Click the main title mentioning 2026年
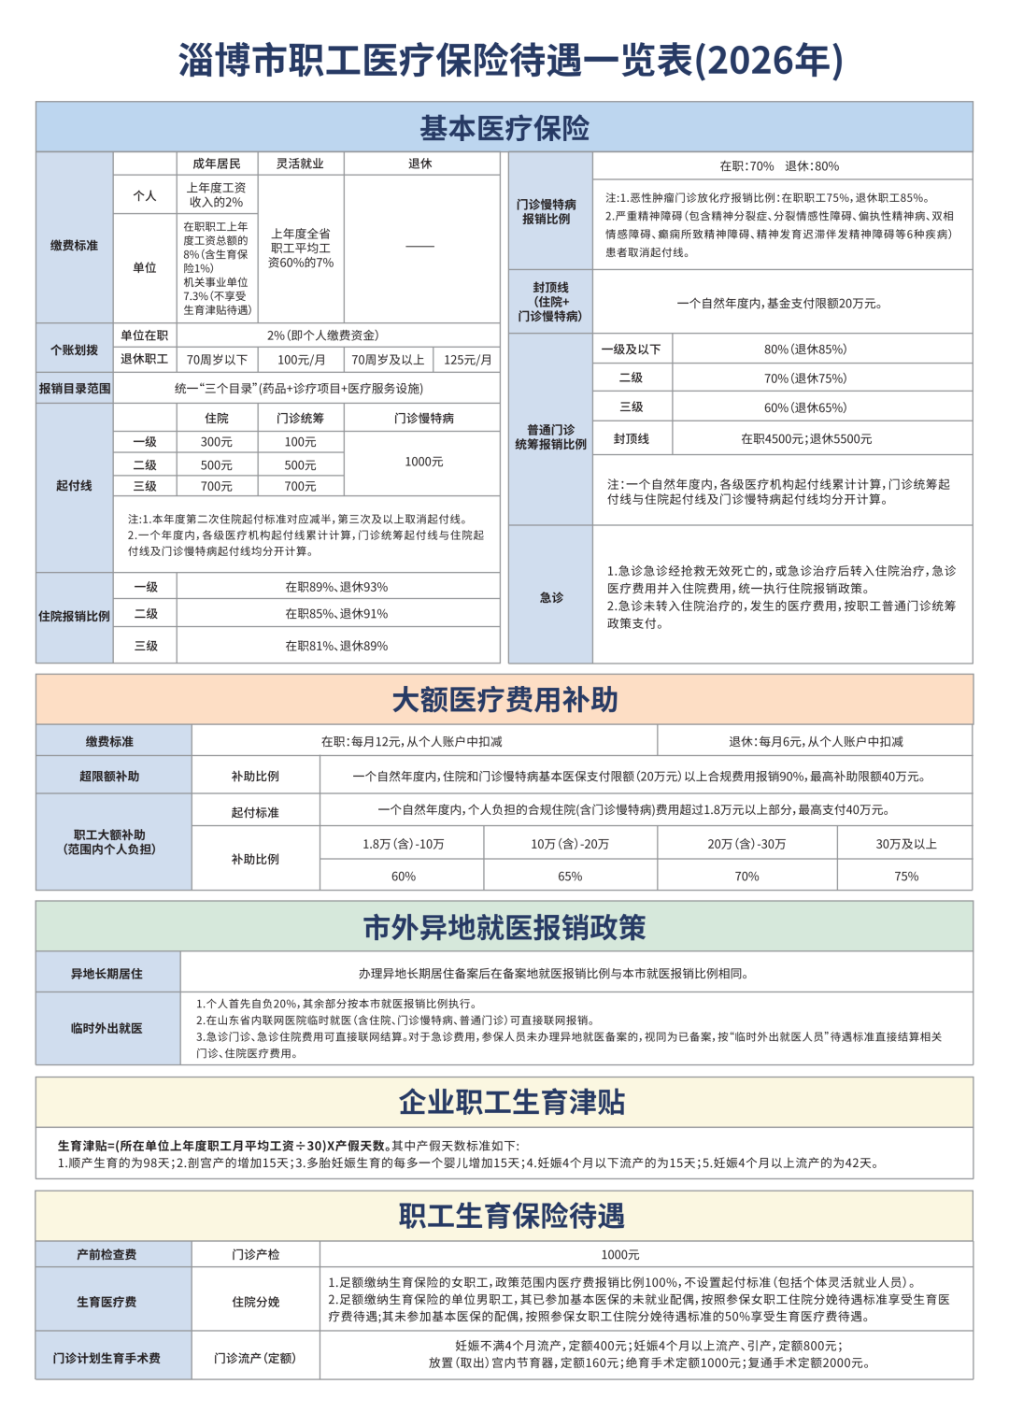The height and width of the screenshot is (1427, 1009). click(x=510, y=61)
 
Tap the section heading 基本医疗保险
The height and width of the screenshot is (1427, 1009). click(x=504, y=128)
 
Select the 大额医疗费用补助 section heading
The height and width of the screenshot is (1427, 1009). click(x=504, y=700)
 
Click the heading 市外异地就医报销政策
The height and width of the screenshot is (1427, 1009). click(x=504, y=928)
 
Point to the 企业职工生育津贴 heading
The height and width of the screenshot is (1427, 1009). click(x=511, y=1103)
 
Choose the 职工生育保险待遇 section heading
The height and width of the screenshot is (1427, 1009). click(x=511, y=1216)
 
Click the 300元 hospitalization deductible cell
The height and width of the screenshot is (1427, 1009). click(x=217, y=442)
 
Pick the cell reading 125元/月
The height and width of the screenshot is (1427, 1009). click(x=467, y=360)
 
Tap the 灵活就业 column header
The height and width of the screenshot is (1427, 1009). click(x=300, y=164)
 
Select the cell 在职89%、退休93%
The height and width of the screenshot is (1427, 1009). click(x=336, y=587)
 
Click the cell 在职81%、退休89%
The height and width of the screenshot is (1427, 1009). click(x=336, y=646)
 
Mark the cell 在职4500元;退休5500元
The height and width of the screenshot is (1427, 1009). click(x=806, y=438)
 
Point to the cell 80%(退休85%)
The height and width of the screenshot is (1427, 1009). click(x=805, y=350)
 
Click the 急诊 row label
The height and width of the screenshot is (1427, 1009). click(x=551, y=597)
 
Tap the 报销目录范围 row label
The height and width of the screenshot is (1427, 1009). click(x=75, y=389)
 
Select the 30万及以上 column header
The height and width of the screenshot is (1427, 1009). click(x=905, y=844)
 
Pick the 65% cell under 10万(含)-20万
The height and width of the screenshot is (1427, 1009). click(x=570, y=877)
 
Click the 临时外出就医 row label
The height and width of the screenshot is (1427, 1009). click(x=107, y=1028)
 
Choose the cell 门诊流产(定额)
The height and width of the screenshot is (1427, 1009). click(x=255, y=1358)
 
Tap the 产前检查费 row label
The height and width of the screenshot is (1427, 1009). click(x=107, y=1254)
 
